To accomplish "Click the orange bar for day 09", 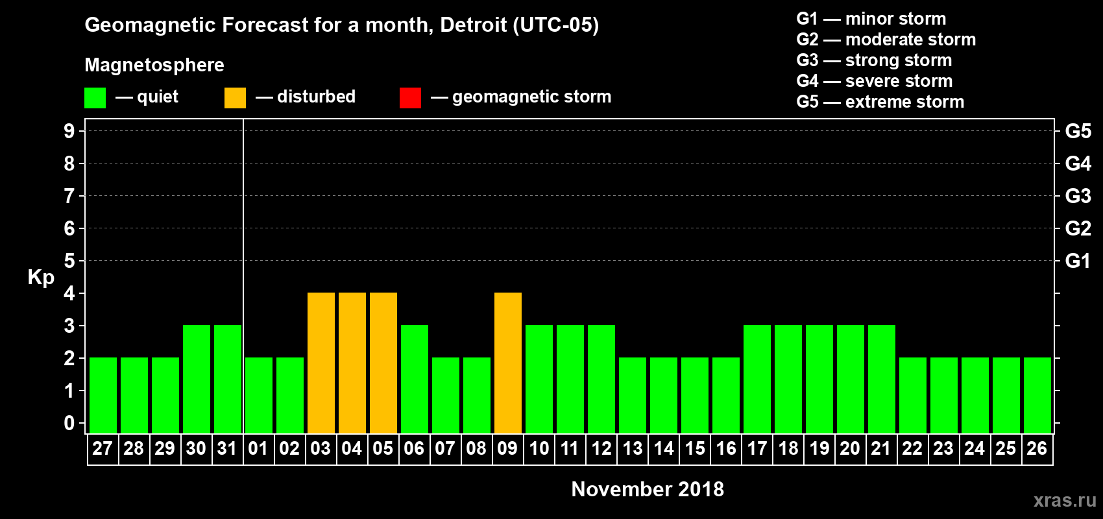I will point(508,363).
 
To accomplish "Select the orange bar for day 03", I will point(321,363).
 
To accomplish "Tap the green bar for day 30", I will point(197,380).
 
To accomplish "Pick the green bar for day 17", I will point(757,380).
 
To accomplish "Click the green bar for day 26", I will point(1037,396).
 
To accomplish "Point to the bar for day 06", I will point(415,380).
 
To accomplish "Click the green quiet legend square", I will point(95,98).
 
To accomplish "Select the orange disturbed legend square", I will point(235,98).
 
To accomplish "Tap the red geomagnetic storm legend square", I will point(410,98).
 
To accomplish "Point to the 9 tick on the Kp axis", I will point(69,131).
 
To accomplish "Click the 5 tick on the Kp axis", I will point(69,261).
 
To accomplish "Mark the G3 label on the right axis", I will point(1078,196).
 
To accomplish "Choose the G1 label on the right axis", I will point(1078,261).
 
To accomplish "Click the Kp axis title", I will point(41,278).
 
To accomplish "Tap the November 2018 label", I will point(648,489).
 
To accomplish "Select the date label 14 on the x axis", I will point(664,448).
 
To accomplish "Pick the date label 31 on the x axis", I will point(227,448).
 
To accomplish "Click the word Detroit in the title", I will point(473,25).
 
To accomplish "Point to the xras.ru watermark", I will point(1065,500).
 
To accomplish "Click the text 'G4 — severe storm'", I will point(874,81).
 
